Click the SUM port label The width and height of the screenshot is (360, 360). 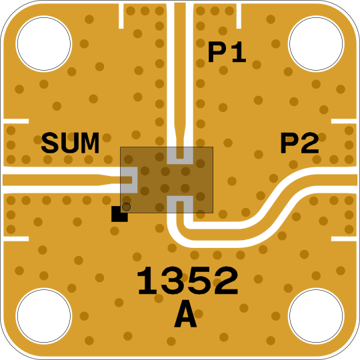[x=70, y=143]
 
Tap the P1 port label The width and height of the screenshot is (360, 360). [x=227, y=52]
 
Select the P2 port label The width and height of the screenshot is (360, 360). [x=299, y=143]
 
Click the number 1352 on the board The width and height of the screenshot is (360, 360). [x=187, y=280]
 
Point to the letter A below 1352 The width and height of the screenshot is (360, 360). [x=185, y=314]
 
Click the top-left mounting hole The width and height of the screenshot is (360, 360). [x=44, y=44]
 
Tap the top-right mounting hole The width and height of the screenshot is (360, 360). [x=316, y=44]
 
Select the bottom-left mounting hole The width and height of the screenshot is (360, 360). [x=44, y=316]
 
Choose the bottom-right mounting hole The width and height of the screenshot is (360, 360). [x=316, y=316]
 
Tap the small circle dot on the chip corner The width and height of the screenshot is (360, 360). [x=126, y=207]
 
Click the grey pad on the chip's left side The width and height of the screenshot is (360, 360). [x=129, y=180]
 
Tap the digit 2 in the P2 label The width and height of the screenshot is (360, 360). [x=311, y=143]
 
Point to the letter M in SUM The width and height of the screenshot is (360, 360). [x=89, y=143]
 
